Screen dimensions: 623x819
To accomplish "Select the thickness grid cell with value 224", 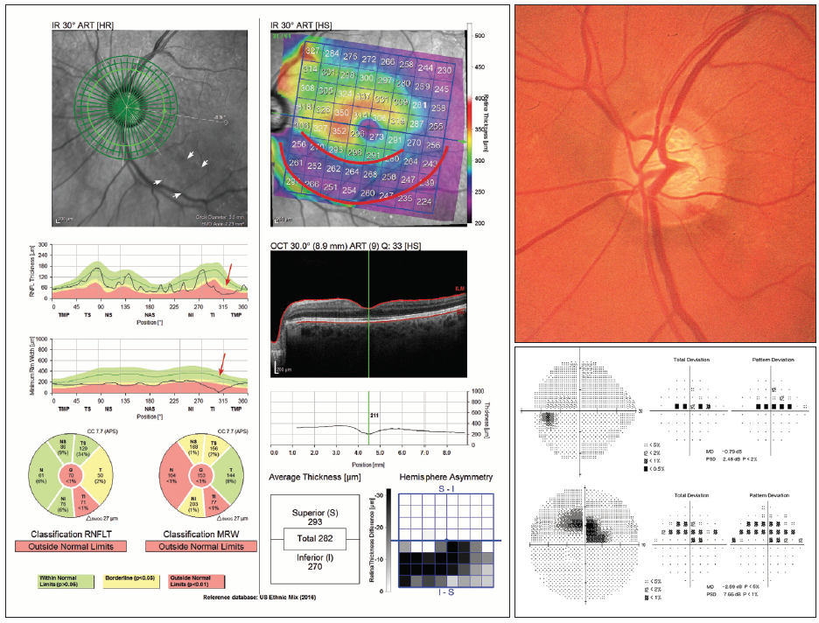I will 423,202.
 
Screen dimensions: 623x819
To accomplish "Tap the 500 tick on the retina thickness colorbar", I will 480,37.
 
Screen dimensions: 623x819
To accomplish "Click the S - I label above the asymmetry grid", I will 447,495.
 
